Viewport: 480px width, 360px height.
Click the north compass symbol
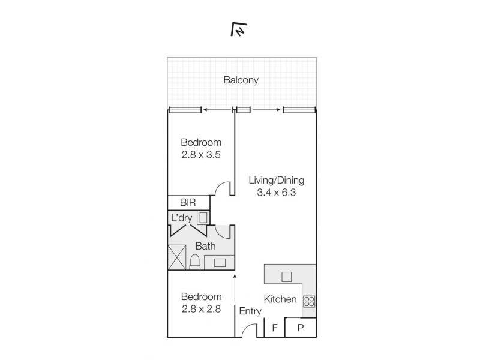pyautogui.click(x=238, y=29)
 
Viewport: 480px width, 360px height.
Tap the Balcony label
pyautogui.click(x=241, y=80)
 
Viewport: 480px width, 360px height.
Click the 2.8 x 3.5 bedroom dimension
pyautogui.click(x=201, y=155)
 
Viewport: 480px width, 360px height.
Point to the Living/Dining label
pyautogui.click(x=276, y=181)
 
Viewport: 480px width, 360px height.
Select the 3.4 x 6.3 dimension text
pyautogui.click(x=276, y=193)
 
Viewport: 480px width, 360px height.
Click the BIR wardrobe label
pyautogui.click(x=188, y=202)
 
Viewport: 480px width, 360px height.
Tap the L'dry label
pyautogui.click(x=182, y=218)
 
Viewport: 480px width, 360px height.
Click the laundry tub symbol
pyautogui.click(x=203, y=218)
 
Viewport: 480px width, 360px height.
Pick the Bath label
pyautogui.click(x=205, y=246)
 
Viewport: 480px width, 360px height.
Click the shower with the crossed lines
pyautogui.click(x=177, y=257)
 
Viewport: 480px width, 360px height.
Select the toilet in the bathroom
pyautogui.click(x=194, y=262)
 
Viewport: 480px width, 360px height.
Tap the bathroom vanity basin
pyautogui.click(x=220, y=263)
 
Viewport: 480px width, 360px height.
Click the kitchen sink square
pyautogui.click(x=287, y=277)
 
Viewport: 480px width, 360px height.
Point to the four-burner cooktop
pyautogui.click(x=309, y=301)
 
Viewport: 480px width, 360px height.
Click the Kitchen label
pyautogui.click(x=280, y=299)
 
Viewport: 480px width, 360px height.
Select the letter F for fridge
pyautogui.click(x=275, y=328)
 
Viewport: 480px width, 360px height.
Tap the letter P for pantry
pyautogui.click(x=301, y=328)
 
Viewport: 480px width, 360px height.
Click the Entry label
pyautogui.click(x=250, y=311)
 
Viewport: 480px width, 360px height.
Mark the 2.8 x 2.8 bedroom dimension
pyautogui.click(x=201, y=309)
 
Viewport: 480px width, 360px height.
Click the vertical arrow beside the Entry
pyautogui.click(x=235, y=288)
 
